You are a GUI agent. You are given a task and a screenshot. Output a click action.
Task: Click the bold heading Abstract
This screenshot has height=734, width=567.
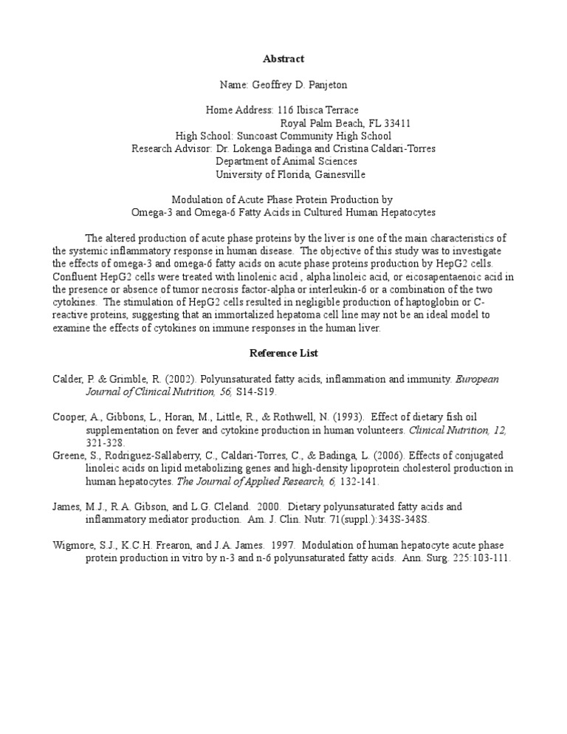283,58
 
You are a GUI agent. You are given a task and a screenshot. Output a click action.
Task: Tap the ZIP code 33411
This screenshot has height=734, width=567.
396,123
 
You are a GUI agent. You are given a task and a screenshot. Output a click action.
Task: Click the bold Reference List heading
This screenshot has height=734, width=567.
283,354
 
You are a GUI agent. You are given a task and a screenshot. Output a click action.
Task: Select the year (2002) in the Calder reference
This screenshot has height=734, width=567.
162,380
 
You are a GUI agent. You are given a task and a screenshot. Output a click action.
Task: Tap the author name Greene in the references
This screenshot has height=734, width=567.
69,456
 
